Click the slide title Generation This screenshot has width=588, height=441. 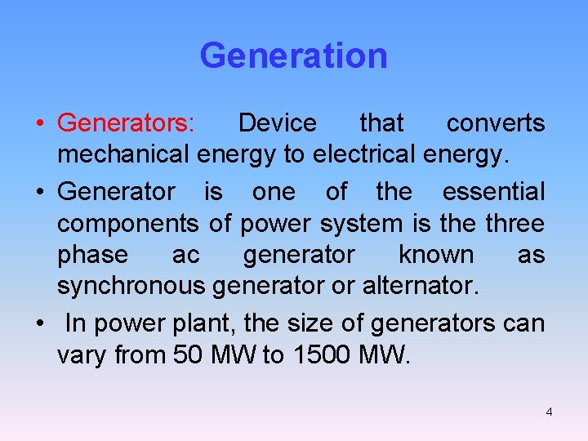[293, 56]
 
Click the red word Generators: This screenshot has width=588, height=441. [126, 123]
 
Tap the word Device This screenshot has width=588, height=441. [277, 123]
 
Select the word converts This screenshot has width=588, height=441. [496, 123]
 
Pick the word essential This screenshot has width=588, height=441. [493, 192]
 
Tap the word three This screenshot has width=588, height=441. [513, 223]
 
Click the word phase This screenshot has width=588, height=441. [92, 255]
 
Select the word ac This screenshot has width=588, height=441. [185, 255]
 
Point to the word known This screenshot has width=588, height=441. [436, 255]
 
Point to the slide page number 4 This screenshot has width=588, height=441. [549, 412]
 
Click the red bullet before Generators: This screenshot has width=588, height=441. [39, 123]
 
